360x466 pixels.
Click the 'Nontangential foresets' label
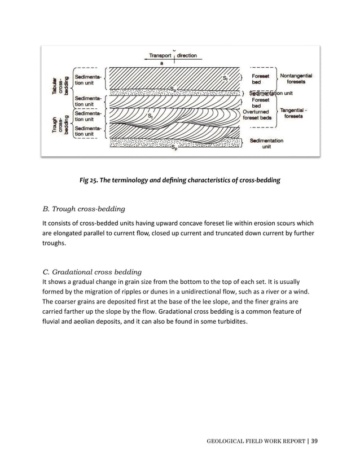(297, 78)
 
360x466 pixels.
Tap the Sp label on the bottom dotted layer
(175, 147)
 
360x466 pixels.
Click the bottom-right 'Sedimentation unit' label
(266, 143)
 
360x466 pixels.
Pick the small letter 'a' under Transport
(162, 64)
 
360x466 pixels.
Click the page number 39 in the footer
(315, 440)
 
